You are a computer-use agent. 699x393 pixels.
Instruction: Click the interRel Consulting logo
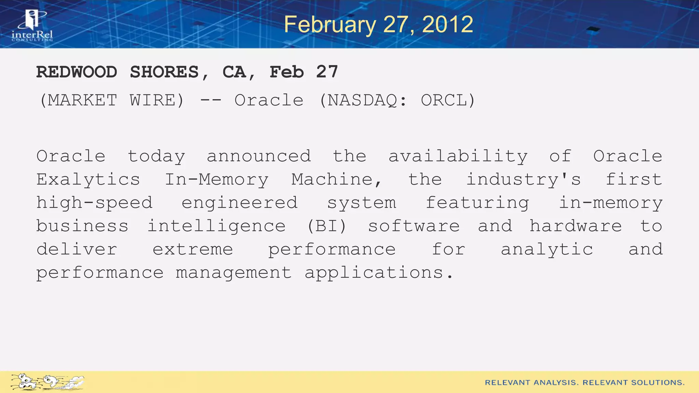pos(32,26)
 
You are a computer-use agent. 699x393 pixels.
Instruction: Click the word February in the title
pos(329,25)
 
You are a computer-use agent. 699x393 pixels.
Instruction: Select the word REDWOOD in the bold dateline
pos(77,72)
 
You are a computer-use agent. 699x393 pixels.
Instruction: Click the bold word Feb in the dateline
pos(287,72)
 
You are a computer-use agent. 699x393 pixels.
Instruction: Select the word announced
pos(259,156)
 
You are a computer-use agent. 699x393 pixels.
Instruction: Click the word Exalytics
pos(88,180)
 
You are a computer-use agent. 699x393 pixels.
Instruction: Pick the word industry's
pos(524,180)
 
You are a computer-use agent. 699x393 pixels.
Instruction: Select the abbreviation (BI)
pos(327,226)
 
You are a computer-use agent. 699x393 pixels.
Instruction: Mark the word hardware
pos(576,226)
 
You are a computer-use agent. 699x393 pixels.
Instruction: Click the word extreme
pos(193,249)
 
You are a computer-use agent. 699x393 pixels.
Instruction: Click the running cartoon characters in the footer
pos(47,382)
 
